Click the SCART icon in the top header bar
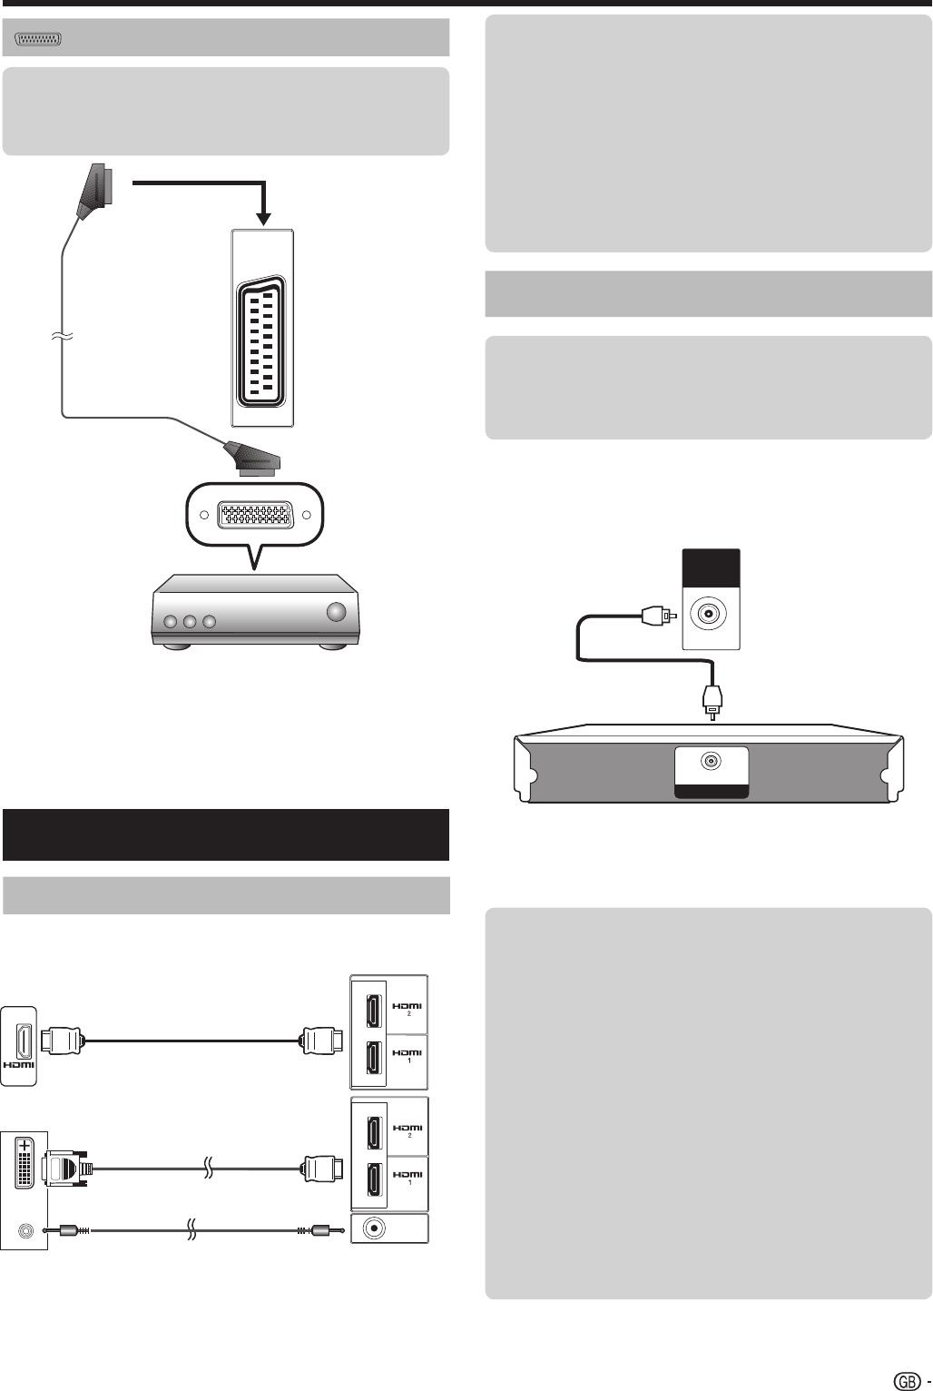point(38,39)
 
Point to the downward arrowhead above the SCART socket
point(264,219)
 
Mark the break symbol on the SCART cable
point(62,337)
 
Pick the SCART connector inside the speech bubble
point(255,515)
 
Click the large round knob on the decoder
point(336,612)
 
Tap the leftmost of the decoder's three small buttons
point(170,622)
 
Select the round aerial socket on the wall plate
point(710,614)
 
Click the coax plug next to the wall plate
point(659,616)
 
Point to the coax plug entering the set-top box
point(712,702)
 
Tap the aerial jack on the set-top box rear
point(711,761)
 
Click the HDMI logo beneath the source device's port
point(19,1065)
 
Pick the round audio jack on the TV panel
point(374,1228)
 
